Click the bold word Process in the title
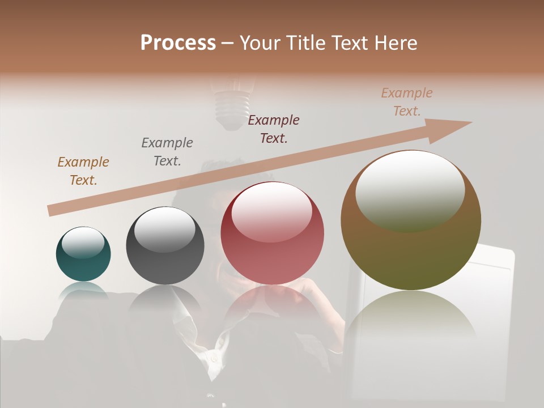click(178, 43)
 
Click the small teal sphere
click(83, 254)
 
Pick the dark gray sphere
click(165, 245)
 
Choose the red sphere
click(273, 233)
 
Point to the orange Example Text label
click(83, 171)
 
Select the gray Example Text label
click(167, 151)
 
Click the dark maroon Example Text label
click(274, 129)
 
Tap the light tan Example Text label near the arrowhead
click(407, 102)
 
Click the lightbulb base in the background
click(231, 110)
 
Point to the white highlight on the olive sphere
click(410, 190)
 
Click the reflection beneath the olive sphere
click(411, 317)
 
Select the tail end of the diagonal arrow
click(53, 210)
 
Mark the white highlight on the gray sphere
click(164, 228)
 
